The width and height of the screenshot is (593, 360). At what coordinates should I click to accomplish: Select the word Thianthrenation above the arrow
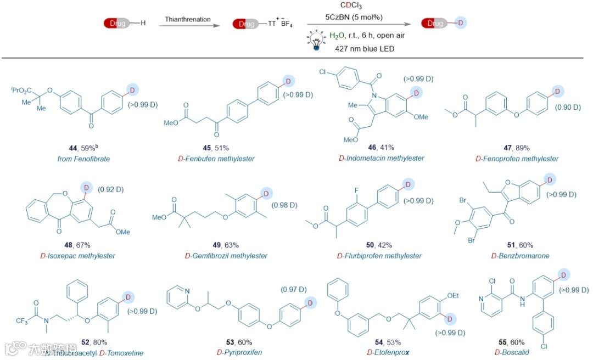click(x=188, y=19)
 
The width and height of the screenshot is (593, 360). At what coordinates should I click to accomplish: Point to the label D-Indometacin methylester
click(x=379, y=158)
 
